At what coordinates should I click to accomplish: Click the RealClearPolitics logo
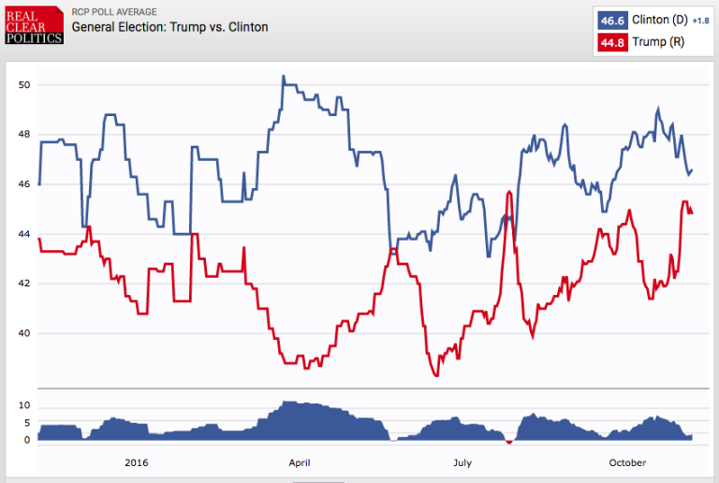pos(33,25)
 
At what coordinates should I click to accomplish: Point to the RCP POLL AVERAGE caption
pos(116,12)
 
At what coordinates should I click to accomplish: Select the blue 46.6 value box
pos(612,20)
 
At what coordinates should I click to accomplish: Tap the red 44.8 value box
pos(612,43)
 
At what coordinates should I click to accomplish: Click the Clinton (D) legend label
pos(658,20)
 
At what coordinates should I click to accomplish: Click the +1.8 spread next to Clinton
pos(700,21)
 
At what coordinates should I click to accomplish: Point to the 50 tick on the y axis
pos(24,85)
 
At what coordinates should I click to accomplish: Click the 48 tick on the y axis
pos(24,135)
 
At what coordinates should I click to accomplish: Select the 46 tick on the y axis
pos(24,184)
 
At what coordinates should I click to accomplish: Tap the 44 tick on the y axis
pos(24,234)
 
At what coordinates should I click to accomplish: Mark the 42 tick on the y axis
pos(24,284)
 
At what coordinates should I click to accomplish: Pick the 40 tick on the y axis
pos(24,333)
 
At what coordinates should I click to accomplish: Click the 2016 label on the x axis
pos(136,462)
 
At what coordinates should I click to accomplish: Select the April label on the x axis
pos(300,462)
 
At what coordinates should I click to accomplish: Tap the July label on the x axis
pos(462,462)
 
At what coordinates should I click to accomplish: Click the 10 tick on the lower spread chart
pos(25,405)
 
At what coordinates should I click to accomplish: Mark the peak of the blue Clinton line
pos(284,77)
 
